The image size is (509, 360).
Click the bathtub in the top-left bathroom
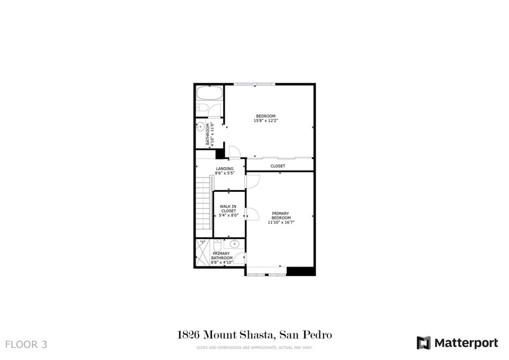click(210, 93)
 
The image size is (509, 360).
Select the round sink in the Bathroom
click(200, 127)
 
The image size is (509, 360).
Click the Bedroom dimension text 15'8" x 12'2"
click(266, 121)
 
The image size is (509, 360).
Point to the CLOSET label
click(278, 166)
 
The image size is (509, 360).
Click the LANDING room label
click(225, 169)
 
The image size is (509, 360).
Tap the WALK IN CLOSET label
click(229, 209)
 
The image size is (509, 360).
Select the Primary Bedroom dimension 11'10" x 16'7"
click(281, 222)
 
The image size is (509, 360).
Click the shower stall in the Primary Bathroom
click(203, 253)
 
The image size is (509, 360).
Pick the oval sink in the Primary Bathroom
click(235, 244)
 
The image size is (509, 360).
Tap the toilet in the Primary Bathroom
click(217, 245)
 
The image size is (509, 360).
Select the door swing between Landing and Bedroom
click(234, 152)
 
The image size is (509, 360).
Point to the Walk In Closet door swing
click(252, 214)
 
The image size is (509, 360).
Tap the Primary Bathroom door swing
click(240, 258)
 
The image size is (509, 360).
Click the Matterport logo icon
click(424, 343)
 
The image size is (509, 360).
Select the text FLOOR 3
click(26, 345)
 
